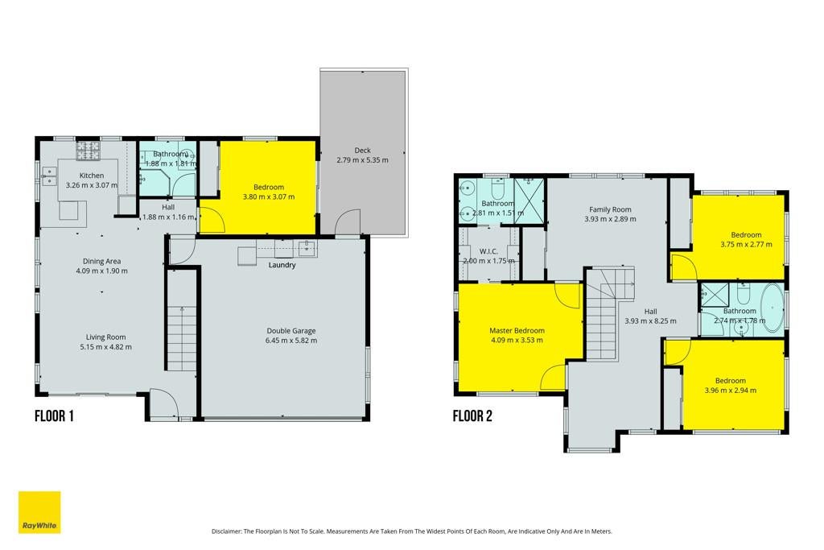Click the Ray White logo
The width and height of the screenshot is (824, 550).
(39, 512)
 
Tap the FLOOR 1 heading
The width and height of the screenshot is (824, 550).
(54, 416)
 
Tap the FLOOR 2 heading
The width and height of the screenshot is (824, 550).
(472, 416)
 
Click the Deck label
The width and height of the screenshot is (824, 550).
(363, 151)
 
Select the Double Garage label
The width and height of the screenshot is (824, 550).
(291, 331)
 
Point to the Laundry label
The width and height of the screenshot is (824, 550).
(282, 265)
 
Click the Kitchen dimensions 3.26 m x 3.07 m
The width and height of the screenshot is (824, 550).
(92, 185)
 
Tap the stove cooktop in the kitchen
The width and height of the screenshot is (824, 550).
(89, 151)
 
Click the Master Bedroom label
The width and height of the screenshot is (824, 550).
(517, 331)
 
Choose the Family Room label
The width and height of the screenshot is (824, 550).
(610, 209)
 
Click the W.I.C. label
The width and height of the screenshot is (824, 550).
(488, 251)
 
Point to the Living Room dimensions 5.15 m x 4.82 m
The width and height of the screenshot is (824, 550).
(106, 347)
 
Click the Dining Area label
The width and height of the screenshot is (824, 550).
(102, 262)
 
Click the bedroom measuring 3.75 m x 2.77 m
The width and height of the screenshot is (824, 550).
(738, 237)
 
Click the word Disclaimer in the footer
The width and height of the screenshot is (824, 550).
(226, 531)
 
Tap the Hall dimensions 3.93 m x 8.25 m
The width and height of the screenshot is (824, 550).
(650, 320)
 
